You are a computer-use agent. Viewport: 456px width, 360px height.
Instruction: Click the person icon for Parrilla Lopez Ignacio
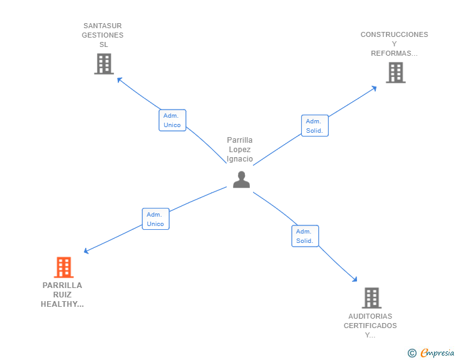[x=241, y=180]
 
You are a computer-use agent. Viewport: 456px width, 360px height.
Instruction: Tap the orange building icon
[x=64, y=267]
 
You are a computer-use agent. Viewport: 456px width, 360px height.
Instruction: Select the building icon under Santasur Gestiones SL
[x=104, y=64]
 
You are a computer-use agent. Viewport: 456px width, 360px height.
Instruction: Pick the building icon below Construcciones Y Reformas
[x=396, y=73]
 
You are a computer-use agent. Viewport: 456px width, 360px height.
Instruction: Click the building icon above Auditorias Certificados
[x=371, y=298]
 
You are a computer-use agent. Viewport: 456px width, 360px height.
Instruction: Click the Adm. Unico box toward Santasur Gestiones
[x=172, y=120]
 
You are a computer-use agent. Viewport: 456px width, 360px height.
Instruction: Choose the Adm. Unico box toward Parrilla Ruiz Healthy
[x=155, y=219]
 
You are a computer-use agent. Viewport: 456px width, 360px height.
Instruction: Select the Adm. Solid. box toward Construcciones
[x=314, y=126]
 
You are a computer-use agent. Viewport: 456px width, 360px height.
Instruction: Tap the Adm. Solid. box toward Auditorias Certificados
[x=305, y=236]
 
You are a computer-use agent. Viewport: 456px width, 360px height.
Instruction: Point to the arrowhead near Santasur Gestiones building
[x=118, y=79]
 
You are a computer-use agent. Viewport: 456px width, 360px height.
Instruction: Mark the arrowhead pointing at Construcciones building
[x=375, y=88]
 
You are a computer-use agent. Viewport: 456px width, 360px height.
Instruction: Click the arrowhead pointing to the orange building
[x=85, y=251]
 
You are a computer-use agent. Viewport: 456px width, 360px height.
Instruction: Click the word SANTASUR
[x=103, y=26]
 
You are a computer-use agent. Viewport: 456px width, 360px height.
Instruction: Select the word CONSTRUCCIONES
[x=395, y=34]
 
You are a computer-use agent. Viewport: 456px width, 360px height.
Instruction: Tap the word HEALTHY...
[x=62, y=304]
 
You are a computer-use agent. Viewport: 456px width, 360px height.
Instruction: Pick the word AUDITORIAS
[x=370, y=316]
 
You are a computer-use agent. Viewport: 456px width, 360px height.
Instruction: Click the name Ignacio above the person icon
[x=240, y=159]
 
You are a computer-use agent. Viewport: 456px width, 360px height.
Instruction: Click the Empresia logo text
[x=437, y=353]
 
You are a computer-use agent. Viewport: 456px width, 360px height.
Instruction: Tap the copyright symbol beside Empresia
[x=412, y=353]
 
